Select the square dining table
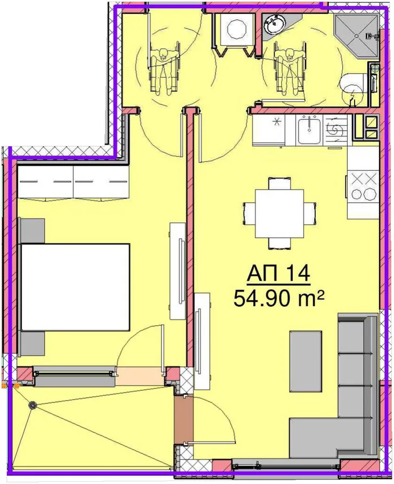pos(280,213)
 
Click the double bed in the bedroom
pos(75,287)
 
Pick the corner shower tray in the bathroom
pos(356,37)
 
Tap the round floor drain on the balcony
pos(32,405)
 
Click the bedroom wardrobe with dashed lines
pos(73,182)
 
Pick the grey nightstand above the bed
pos(32,231)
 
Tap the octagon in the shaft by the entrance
pos(236,29)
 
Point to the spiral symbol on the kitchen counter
pos(336,129)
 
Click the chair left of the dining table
pos(249,213)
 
